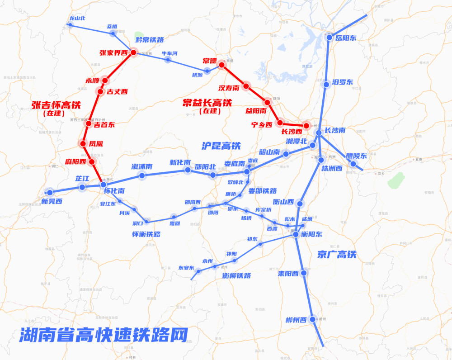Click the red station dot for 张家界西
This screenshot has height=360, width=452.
click(x=133, y=52)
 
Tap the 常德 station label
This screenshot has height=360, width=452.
click(x=210, y=61)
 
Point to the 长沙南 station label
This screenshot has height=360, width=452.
click(x=335, y=130)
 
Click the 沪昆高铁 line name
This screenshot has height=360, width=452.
click(x=221, y=146)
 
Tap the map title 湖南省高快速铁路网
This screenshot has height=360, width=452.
click(x=104, y=335)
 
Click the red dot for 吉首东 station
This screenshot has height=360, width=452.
click(x=89, y=123)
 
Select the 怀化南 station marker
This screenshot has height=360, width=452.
click(x=104, y=185)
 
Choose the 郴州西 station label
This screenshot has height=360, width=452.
click(x=297, y=320)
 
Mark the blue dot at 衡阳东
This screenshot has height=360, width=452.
click(x=296, y=234)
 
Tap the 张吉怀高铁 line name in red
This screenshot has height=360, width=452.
click(x=56, y=105)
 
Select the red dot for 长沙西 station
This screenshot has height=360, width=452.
click(x=306, y=126)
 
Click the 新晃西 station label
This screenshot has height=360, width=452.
click(x=52, y=201)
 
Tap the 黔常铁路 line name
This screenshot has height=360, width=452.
click(x=150, y=39)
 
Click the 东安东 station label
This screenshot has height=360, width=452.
click(x=186, y=267)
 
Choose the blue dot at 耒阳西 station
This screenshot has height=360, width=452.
click(x=304, y=273)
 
